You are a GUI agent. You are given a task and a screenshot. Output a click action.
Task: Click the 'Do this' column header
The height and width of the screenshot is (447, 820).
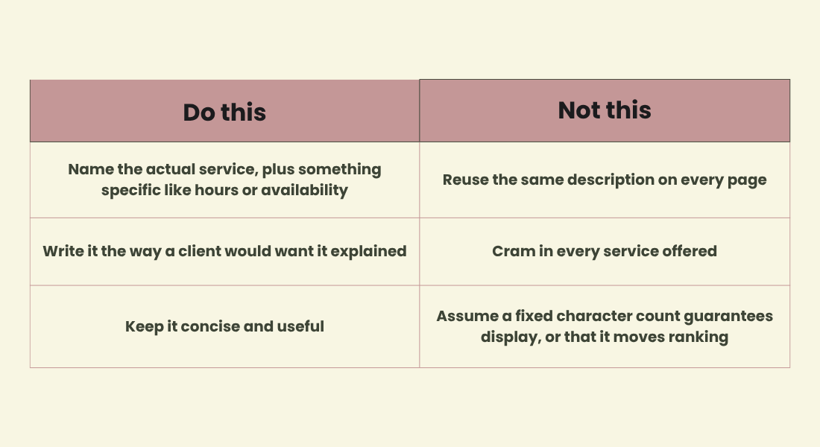click(224, 112)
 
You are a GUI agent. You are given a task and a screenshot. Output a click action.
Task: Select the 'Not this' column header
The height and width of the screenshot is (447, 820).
click(605, 110)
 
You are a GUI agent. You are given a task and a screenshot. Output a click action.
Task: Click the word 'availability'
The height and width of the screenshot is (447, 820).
click(304, 190)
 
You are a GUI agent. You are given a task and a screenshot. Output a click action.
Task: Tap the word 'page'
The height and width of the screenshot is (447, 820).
click(751, 180)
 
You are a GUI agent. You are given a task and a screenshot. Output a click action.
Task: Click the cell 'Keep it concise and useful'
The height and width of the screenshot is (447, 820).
click(225, 327)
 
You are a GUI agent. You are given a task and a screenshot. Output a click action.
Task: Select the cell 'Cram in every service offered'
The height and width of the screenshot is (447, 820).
click(605, 252)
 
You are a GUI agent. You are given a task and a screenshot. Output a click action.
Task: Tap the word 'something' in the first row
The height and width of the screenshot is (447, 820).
click(339, 170)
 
